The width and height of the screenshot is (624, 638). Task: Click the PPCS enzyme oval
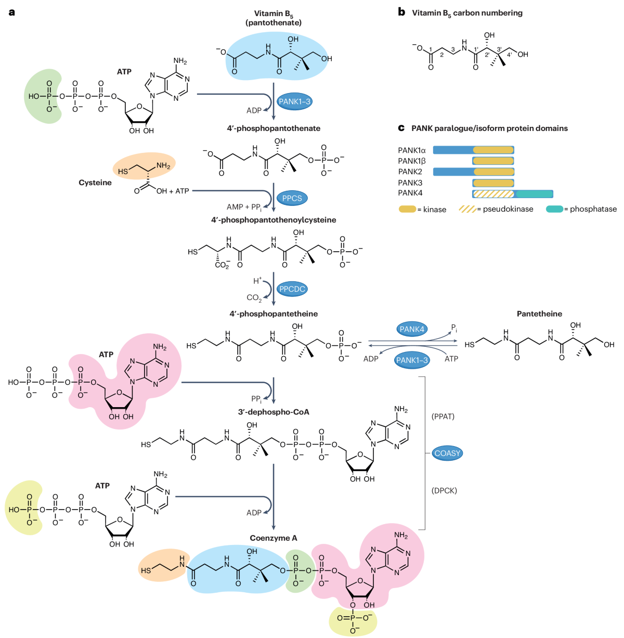point(292,198)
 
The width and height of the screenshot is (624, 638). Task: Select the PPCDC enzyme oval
point(292,289)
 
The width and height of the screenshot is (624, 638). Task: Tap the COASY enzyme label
point(447,453)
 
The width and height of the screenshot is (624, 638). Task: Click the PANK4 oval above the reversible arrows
point(412,329)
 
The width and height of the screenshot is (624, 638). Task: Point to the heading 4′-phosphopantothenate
point(274,128)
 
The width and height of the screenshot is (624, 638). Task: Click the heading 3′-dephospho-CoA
point(274,412)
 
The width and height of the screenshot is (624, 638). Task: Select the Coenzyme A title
point(274,538)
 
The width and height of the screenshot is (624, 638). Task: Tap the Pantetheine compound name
point(539,314)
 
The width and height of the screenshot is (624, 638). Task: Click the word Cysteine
point(95,183)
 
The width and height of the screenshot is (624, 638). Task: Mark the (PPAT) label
point(443,416)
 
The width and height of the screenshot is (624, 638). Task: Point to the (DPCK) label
point(444,490)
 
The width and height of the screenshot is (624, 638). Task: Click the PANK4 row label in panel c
point(410,193)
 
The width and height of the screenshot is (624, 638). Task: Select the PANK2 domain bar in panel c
point(473,172)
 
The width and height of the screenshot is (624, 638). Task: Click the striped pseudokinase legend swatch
point(467,209)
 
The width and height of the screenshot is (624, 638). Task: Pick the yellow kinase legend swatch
point(407,209)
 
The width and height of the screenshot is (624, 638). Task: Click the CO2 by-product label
point(254,298)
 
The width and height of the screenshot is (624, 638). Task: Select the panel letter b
point(401,12)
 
